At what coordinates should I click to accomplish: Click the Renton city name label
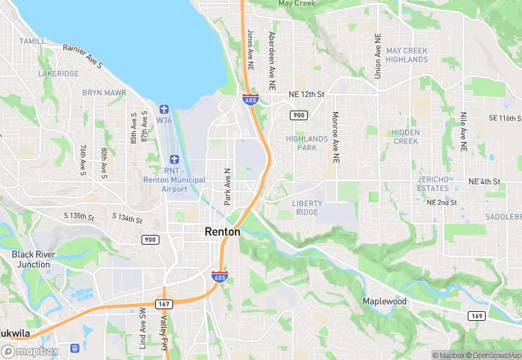tap(223, 232)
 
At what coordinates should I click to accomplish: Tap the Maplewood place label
tap(385, 302)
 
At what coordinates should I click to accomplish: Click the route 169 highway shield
tap(476, 315)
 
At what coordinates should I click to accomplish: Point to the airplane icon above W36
tap(163, 109)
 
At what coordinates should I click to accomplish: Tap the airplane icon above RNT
tap(174, 159)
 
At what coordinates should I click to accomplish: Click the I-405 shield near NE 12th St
tap(251, 100)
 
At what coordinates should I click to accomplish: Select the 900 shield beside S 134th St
tap(150, 239)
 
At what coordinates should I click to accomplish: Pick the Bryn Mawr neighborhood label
tap(104, 92)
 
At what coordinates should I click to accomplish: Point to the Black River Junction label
tap(31, 259)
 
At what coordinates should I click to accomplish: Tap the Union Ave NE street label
tap(377, 55)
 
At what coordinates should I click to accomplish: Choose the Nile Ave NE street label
tap(464, 131)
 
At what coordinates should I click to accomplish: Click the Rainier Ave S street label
tap(82, 56)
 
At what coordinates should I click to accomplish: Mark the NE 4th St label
tap(485, 182)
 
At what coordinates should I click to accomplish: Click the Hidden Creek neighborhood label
tap(405, 137)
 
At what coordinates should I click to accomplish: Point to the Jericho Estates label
tap(433, 183)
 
